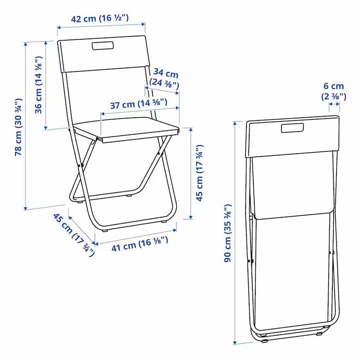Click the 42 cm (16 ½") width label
(x=100, y=18)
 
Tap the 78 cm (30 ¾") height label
(x=18, y=127)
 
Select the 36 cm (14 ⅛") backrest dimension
(x=38, y=84)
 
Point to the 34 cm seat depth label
(x=164, y=78)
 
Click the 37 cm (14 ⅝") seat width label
(x=138, y=104)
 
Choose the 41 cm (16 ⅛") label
(x=140, y=244)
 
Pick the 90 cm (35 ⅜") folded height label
(x=228, y=233)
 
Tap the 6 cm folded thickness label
(x=334, y=91)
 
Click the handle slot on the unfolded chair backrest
(x=102, y=45)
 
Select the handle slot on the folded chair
(x=293, y=128)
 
